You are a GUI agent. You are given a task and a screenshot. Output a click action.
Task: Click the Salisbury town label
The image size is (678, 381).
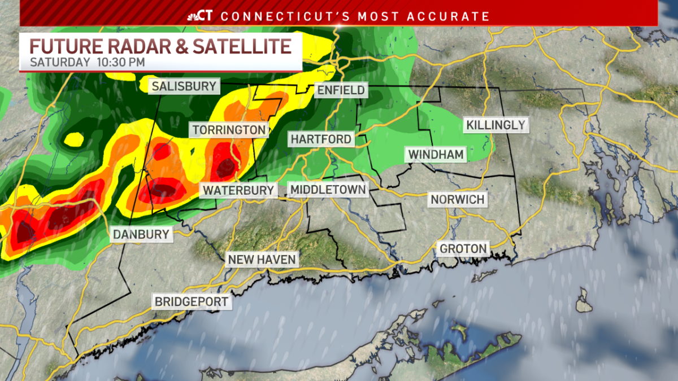tap(184, 86)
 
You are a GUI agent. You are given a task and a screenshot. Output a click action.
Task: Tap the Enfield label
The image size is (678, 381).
tap(341, 90)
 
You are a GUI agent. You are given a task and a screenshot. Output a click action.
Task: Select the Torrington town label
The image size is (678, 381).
tap(228, 130)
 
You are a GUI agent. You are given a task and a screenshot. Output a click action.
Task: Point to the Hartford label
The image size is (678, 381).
tap(321, 139)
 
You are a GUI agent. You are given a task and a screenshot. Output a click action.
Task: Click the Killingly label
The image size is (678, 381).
tap(496, 125)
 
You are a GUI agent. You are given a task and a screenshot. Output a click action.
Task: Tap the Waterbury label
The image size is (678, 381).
tap(238, 190)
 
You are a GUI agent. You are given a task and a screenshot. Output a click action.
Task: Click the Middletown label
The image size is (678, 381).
tap(328, 190)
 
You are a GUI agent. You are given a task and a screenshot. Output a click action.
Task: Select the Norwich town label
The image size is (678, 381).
tap(457, 199)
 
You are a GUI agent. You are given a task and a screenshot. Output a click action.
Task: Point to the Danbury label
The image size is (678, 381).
tap(141, 234)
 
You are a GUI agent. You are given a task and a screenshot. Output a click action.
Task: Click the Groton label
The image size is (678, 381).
tap(463, 248)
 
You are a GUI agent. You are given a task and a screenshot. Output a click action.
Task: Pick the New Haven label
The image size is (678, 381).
tap(262, 260)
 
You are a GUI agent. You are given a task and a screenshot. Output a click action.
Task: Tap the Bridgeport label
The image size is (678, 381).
tap(192, 301)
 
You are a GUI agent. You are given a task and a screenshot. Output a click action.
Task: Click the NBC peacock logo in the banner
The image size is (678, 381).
tap(193, 16)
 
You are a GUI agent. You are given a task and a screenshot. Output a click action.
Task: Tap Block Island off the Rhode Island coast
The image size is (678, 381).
tap(584, 300)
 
